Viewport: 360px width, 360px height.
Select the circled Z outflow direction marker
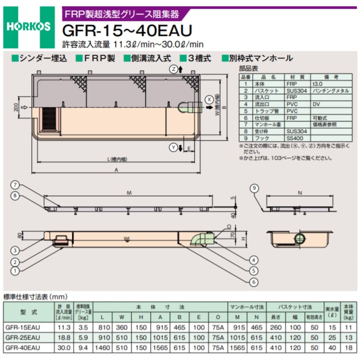pyautogui.click(x=173, y=69)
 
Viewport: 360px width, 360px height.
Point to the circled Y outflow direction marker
pyautogui.click(x=173, y=147)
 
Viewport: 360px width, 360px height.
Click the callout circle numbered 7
pyautogui.click(x=15, y=185)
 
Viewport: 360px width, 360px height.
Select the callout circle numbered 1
pyautogui.click(x=15, y=270)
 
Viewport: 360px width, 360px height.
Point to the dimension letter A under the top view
pyautogui.click(x=116, y=171)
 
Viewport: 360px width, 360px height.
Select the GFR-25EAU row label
pyautogui.click(x=23, y=338)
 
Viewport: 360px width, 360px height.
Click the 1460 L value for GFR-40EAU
pyautogui.click(x=102, y=348)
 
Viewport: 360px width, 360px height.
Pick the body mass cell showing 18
pyautogui.click(x=348, y=348)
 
